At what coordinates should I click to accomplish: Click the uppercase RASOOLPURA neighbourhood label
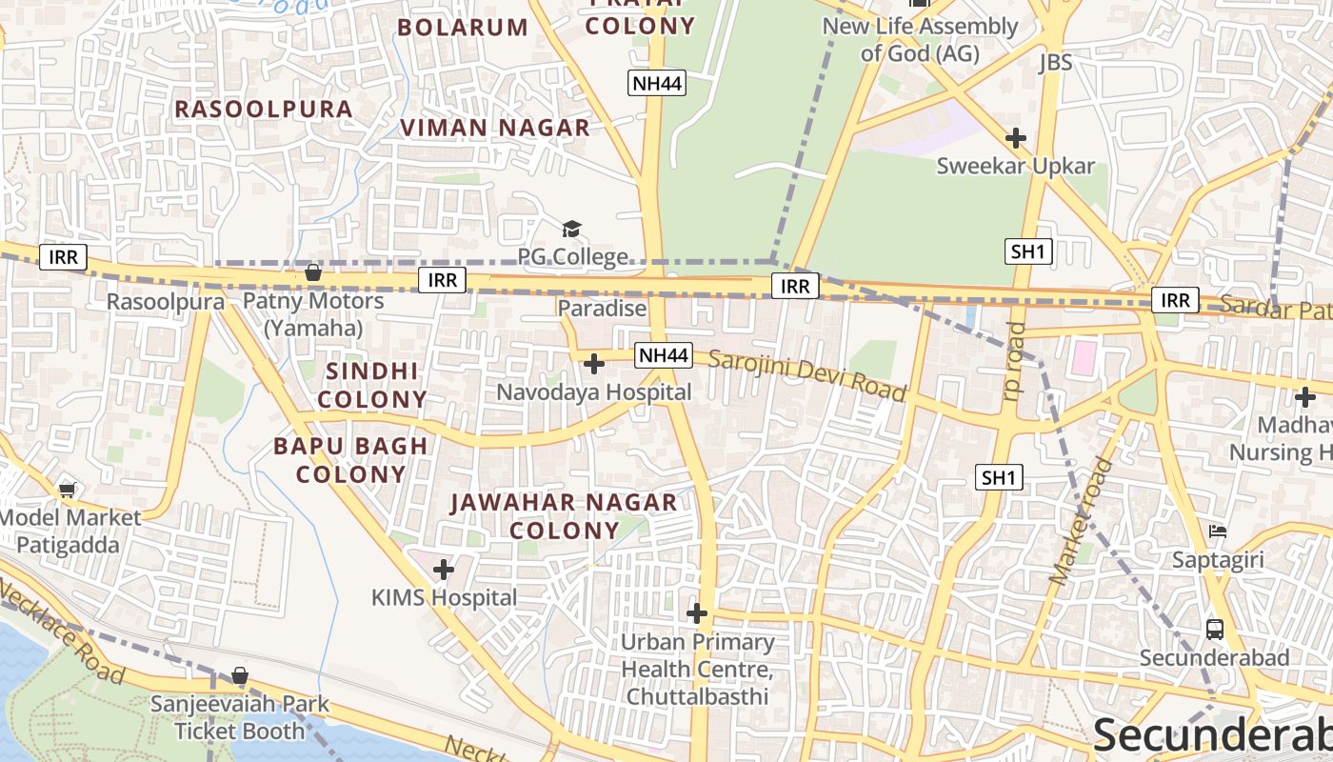(264, 110)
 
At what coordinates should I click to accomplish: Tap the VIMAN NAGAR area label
(495, 128)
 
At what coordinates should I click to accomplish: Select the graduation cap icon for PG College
(571, 229)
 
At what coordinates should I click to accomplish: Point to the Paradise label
(602, 309)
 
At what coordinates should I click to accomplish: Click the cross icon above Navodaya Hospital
(594, 364)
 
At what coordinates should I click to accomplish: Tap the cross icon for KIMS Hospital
(444, 571)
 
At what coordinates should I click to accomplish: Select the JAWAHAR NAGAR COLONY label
(565, 516)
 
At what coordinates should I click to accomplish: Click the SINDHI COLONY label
(372, 385)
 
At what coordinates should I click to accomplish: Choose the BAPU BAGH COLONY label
(351, 460)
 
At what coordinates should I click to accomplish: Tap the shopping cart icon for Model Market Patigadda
(67, 491)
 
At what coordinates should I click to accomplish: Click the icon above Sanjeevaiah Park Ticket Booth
(240, 676)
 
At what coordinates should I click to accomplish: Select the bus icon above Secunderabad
(1215, 629)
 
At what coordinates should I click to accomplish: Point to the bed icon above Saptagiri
(1217, 531)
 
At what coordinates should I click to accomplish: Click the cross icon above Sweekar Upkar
(1016, 138)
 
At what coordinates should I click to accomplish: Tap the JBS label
(1055, 63)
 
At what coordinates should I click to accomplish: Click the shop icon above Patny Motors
(312, 274)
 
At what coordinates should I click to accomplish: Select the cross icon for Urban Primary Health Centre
(697, 613)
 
